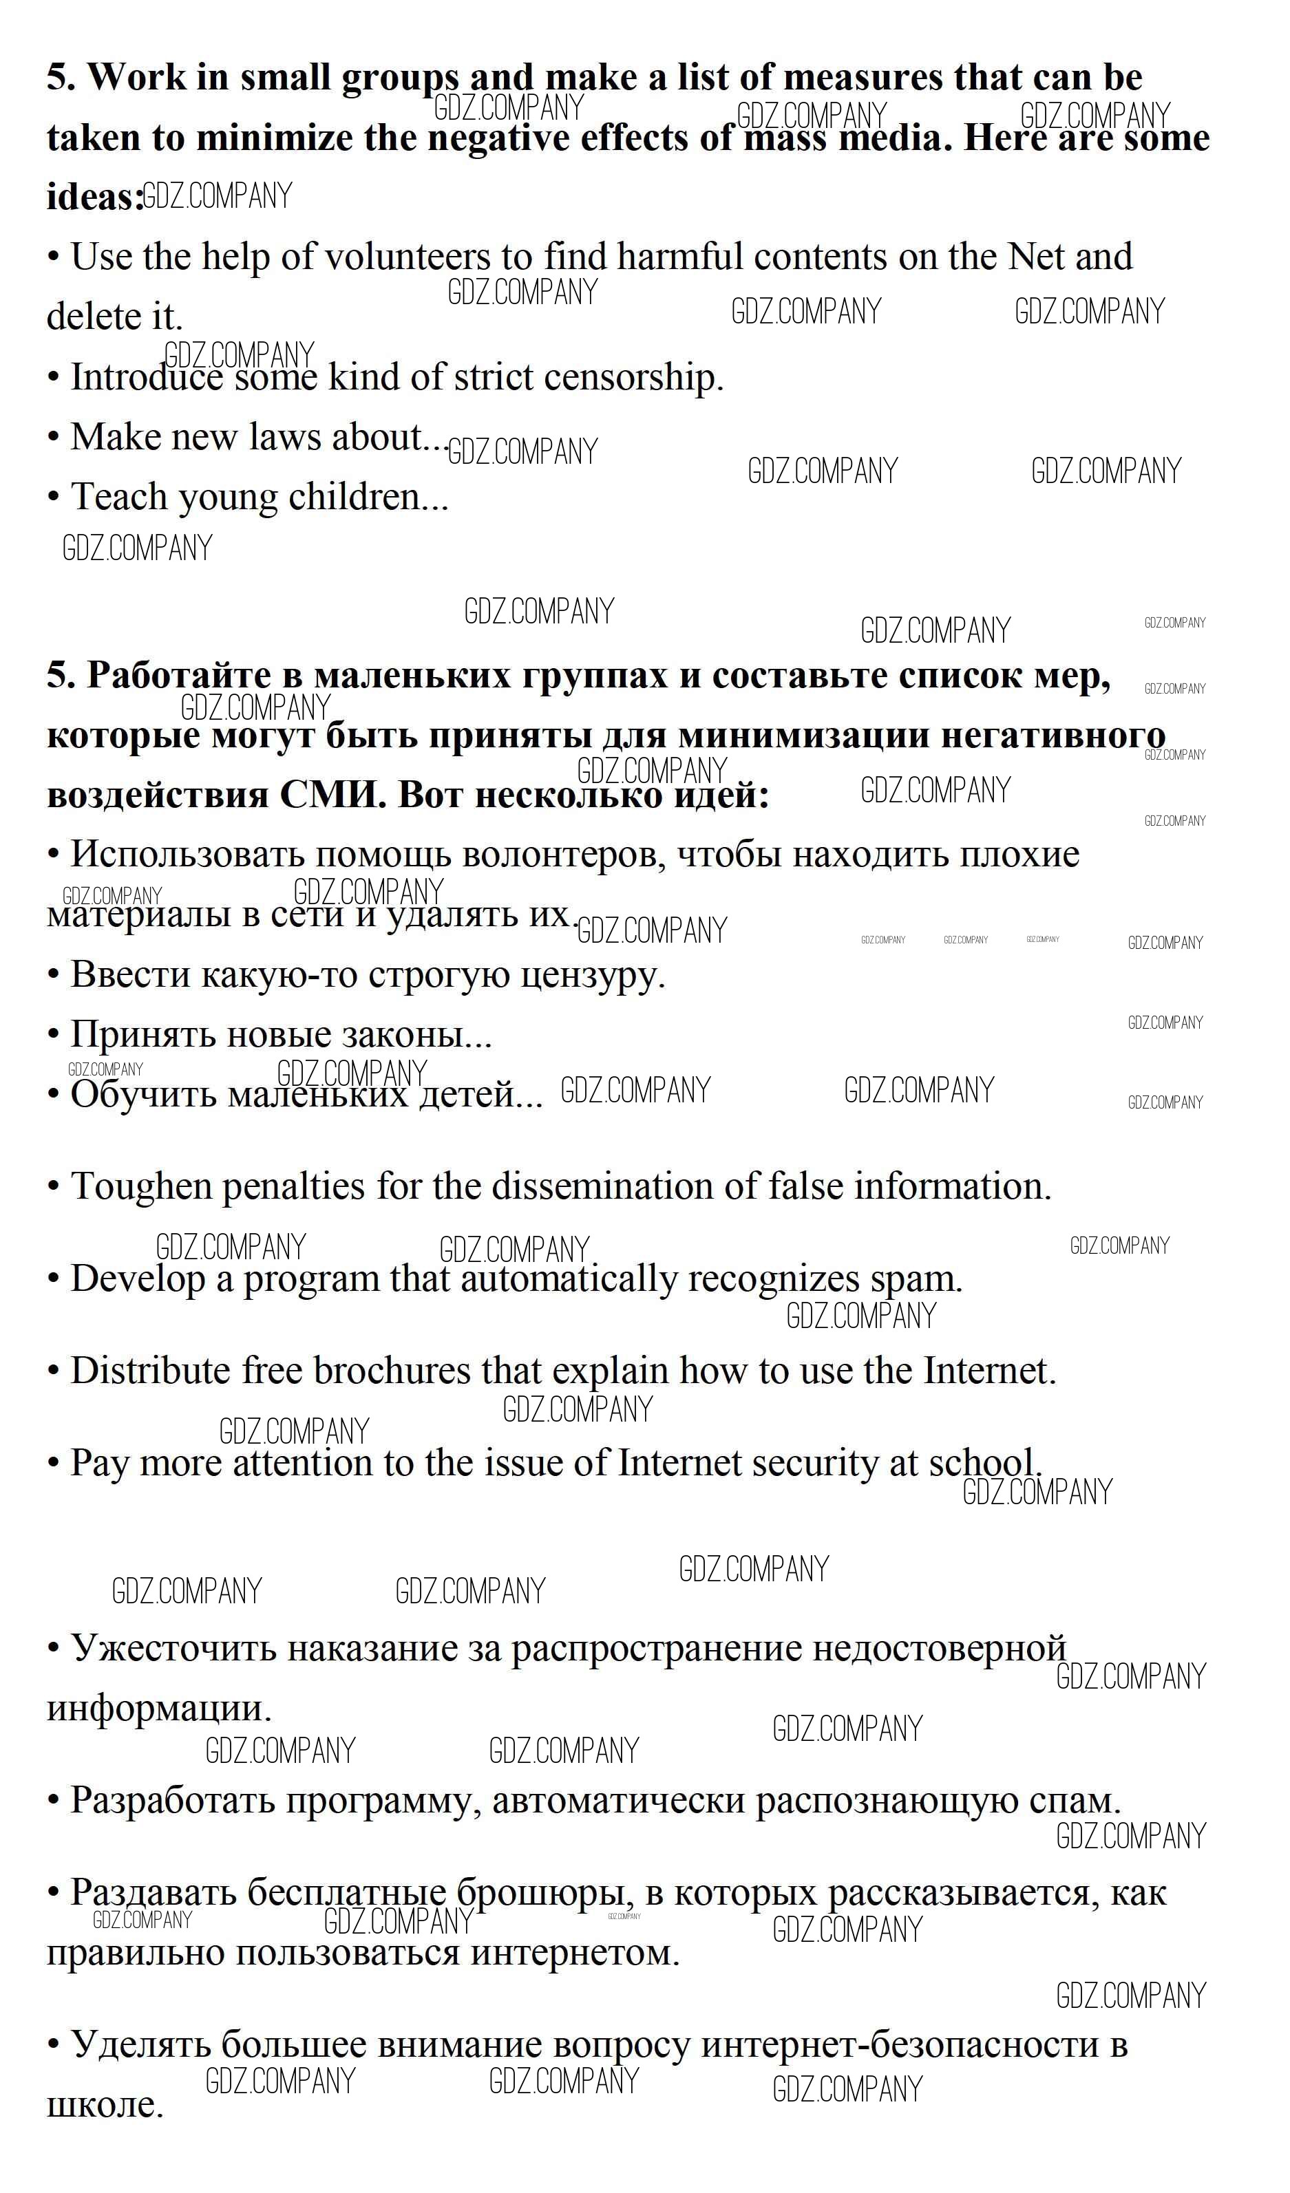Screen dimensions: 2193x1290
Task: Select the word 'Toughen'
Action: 144,1187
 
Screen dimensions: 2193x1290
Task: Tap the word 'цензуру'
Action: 593,974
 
